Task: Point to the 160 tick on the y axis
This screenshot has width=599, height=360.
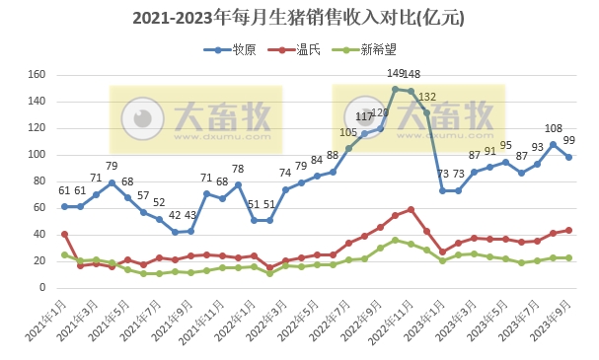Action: (x=38, y=75)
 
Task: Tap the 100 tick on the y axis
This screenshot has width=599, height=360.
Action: (x=38, y=155)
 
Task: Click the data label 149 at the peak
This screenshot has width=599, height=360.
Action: (x=396, y=74)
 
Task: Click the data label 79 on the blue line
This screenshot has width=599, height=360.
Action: (x=112, y=167)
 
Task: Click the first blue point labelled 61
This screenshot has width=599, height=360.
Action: (x=64, y=206)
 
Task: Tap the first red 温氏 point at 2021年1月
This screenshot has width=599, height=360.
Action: (x=64, y=234)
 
